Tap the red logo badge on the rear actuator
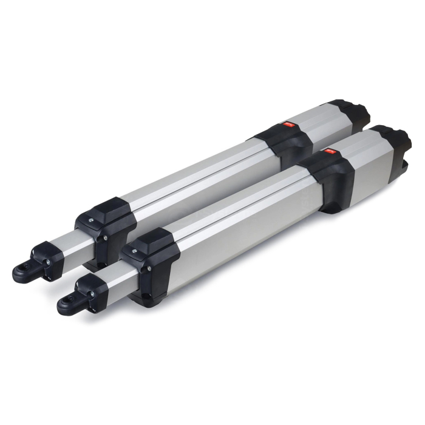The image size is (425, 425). [x=289, y=126]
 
